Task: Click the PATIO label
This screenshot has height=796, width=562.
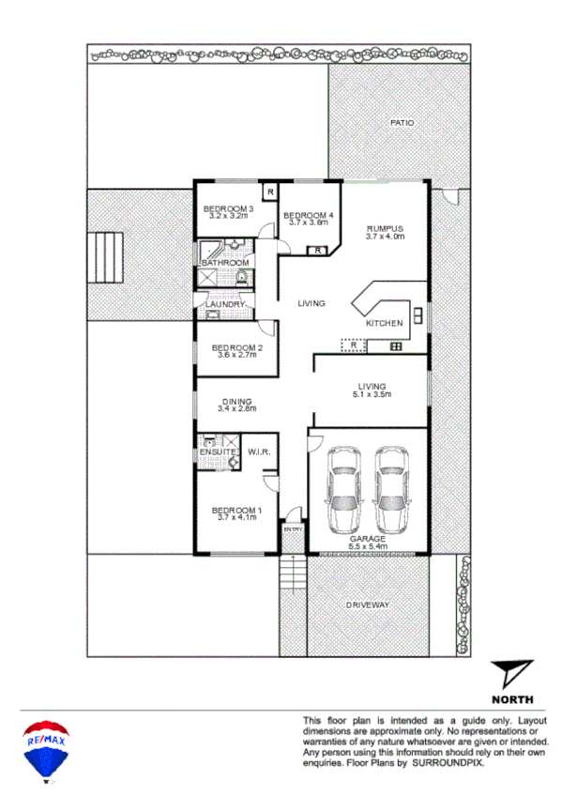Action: click(x=403, y=123)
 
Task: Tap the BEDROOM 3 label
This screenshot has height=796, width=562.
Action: click(x=229, y=208)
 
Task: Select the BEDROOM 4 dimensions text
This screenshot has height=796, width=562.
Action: click(x=307, y=222)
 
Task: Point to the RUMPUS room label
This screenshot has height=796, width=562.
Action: click(x=385, y=228)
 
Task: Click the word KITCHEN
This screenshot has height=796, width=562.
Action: click(x=385, y=323)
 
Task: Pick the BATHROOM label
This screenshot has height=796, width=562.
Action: click(x=225, y=263)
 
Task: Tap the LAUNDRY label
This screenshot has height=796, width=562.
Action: click(x=225, y=304)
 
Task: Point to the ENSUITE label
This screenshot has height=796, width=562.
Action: click(x=217, y=452)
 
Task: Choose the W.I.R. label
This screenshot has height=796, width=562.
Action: click(x=259, y=452)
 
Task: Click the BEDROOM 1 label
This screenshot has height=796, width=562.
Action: click(x=239, y=510)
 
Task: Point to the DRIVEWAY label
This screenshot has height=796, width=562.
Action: click(x=367, y=605)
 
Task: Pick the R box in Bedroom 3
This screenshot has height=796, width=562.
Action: click(x=270, y=192)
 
